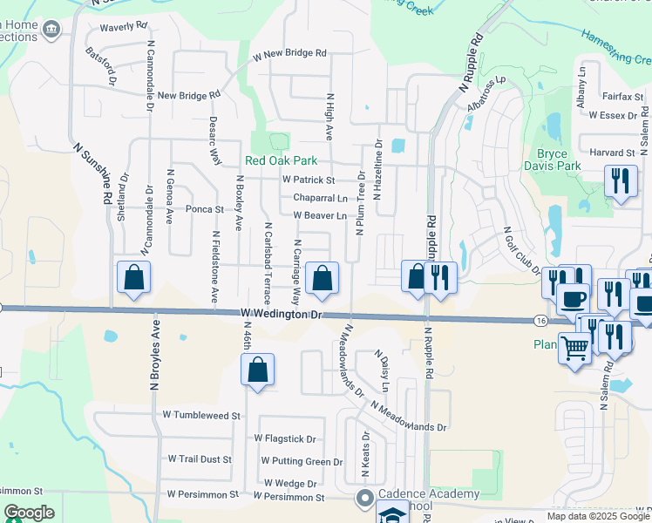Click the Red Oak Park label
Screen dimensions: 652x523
click(281, 160)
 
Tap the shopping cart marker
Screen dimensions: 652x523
click(574, 350)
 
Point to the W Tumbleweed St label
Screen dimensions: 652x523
click(201, 416)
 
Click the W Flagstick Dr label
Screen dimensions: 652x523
click(285, 438)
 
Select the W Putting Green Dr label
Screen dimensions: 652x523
click(302, 461)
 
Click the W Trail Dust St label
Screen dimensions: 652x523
click(200, 458)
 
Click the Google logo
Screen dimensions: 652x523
click(29, 513)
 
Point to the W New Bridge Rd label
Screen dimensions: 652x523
click(290, 54)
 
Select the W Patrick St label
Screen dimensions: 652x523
click(309, 180)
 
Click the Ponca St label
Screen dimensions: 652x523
click(205, 209)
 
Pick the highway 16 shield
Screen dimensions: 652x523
click(542, 321)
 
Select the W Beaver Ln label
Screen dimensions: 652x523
click(320, 215)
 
